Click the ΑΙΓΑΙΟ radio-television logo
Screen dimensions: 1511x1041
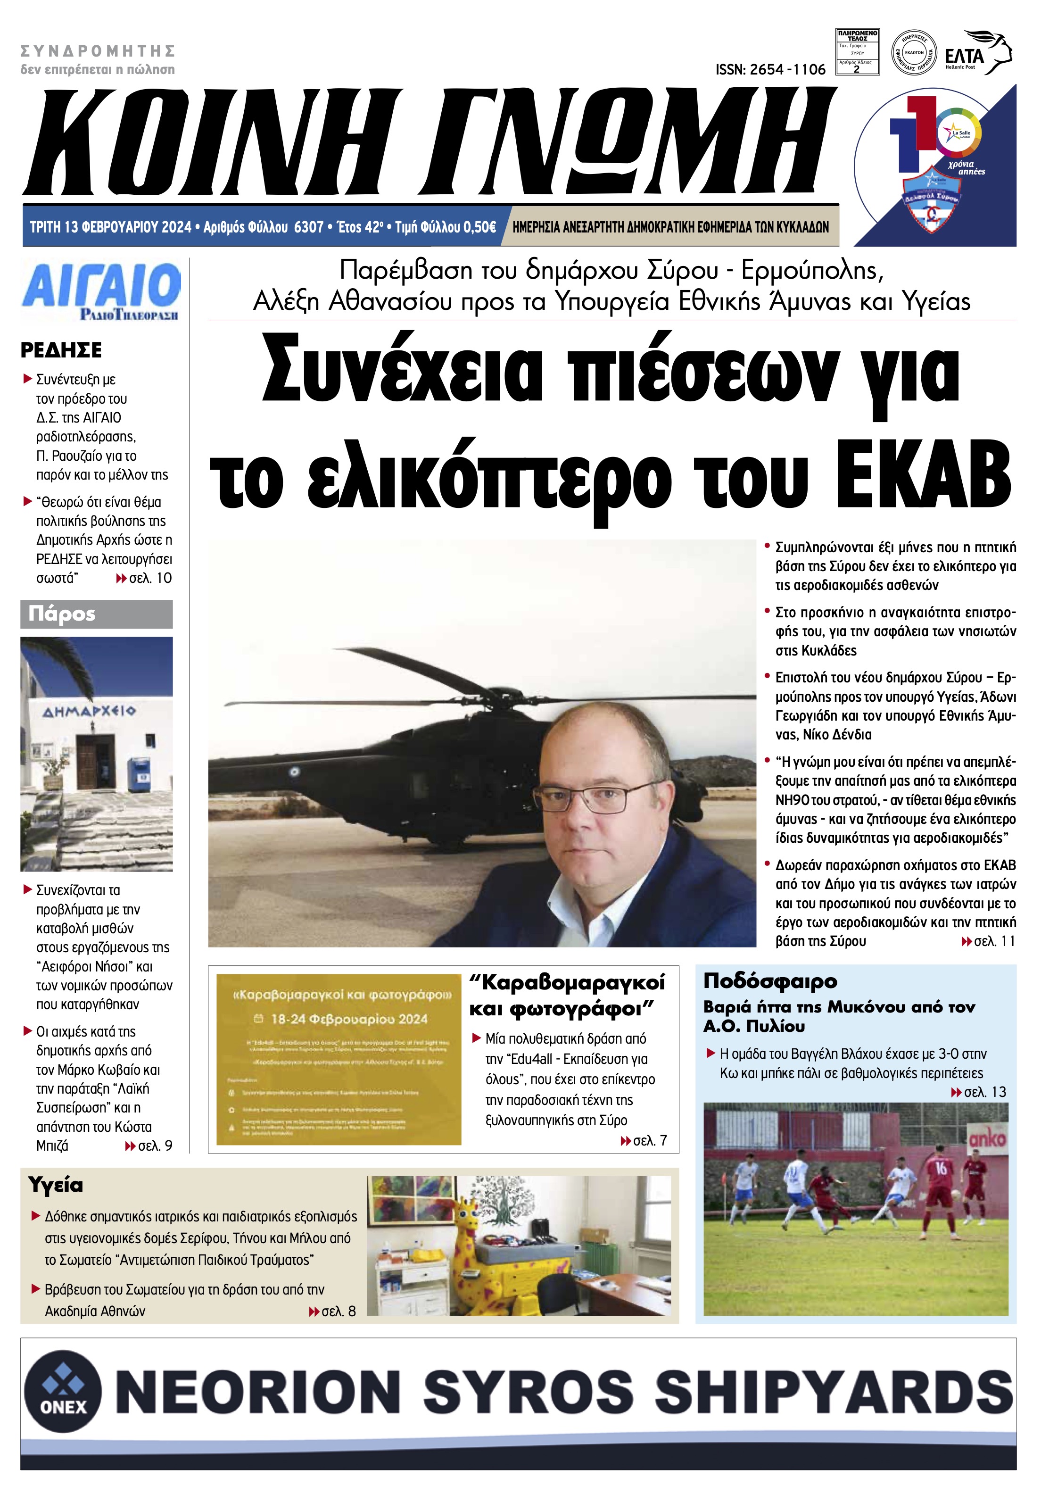[x=101, y=291]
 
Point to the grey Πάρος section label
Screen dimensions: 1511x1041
[x=97, y=614]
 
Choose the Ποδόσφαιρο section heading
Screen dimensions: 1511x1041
[x=769, y=981]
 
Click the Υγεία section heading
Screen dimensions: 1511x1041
[x=56, y=1184]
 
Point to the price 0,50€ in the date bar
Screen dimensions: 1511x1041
[x=479, y=227]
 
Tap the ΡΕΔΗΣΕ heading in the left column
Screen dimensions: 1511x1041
[x=61, y=350]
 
